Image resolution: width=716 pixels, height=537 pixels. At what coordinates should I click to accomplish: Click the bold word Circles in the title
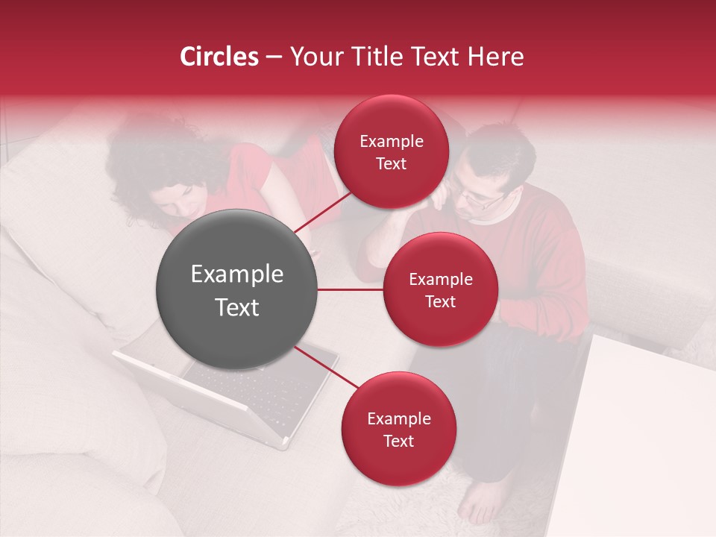(x=219, y=57)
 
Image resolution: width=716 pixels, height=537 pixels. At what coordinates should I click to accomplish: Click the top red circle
(x=391, y=152)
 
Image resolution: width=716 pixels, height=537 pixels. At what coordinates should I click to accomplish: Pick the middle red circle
(x=440, y=289)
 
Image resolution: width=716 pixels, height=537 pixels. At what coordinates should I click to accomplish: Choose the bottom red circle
(x=398, y=429)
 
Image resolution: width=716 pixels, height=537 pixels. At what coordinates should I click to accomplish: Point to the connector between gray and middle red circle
(x=351, y=289)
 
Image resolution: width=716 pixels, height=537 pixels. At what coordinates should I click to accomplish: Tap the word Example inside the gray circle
(x=237, y=274)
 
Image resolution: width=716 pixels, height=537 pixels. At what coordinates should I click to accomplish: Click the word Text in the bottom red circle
(x=398, y=441)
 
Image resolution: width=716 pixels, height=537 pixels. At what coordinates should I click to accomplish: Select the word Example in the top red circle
(x=391, y=141)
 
